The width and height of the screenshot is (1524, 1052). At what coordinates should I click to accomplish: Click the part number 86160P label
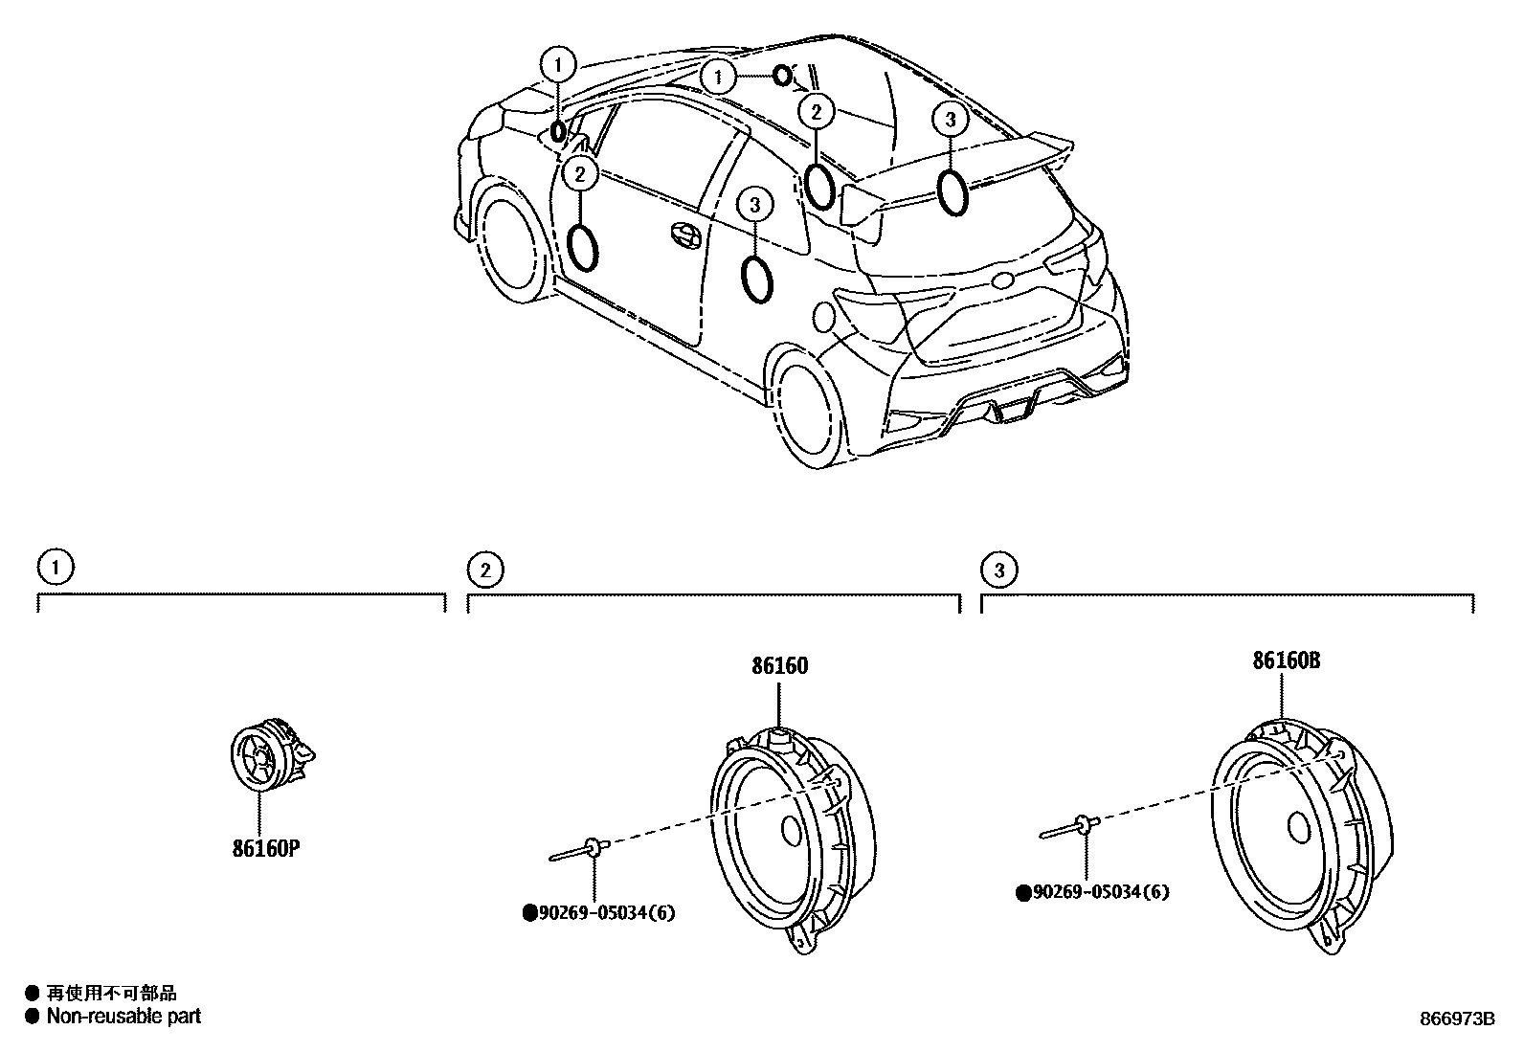(274, 848)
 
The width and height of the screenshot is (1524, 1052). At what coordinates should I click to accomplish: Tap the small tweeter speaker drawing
(269, 756)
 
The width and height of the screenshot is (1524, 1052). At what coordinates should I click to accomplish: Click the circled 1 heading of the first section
(56, 567)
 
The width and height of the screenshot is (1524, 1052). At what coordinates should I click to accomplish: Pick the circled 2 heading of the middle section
(485, 571)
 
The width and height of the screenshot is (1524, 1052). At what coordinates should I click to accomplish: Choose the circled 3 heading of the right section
(999, 571)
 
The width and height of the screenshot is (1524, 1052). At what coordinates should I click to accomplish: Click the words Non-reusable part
(123, 1017)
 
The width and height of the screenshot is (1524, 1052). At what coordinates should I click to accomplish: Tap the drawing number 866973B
(1456, 1019)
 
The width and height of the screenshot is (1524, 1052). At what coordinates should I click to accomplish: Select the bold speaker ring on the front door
(584, 245)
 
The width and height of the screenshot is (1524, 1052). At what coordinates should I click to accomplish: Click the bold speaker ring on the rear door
(757, 278)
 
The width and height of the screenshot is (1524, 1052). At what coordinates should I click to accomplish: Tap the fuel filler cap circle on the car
(824, 317)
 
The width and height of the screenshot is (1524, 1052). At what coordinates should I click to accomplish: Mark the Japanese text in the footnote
(112, 994)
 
